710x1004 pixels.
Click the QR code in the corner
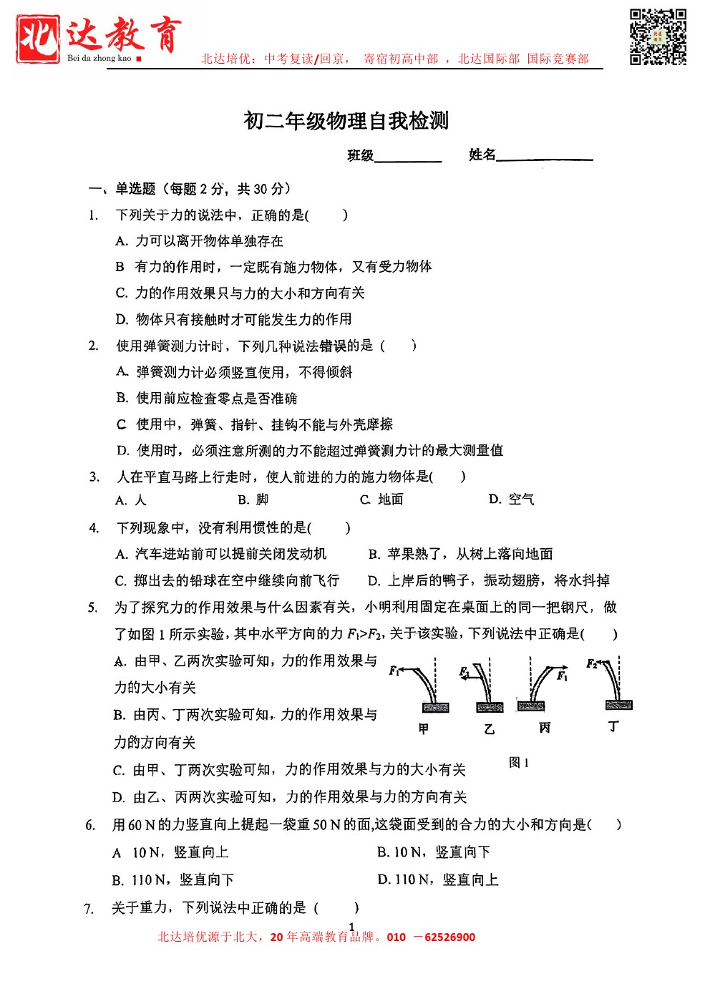pyautogui.click(x=658, y=36)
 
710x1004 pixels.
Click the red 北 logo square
pyautogui.click(x=38, y=39)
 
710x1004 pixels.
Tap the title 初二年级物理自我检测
pyautogui.click(x=346, y=121)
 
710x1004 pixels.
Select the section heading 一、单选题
pyautogui.click(x=122, y=189)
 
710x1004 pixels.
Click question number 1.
pyautogui.click(x=93, y=215)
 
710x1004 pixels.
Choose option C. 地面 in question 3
pyautogui.click(x=381, y=499)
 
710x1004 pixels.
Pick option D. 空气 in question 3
pyautogui.click(x=511, y=499)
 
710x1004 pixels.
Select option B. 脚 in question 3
pyautogui.click(x=253, y=499)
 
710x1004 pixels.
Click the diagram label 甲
pyautogui.click(x=424, y=728)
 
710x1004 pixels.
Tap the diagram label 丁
pyautogui.click(x=613, y=726)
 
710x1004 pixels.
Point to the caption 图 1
pyautogui.click(x=519, y=763)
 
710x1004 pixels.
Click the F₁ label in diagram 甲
pyautogui.click(x=394, y=671)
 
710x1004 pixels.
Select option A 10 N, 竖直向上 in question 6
pyautogui.click(x=170, y=852)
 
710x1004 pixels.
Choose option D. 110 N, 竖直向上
pyautogui.click(x=438, y=879)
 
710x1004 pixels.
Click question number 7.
pyautogui.click(x=89, y=909)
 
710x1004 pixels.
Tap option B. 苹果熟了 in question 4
pyautogui.click(x=460, y=554)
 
